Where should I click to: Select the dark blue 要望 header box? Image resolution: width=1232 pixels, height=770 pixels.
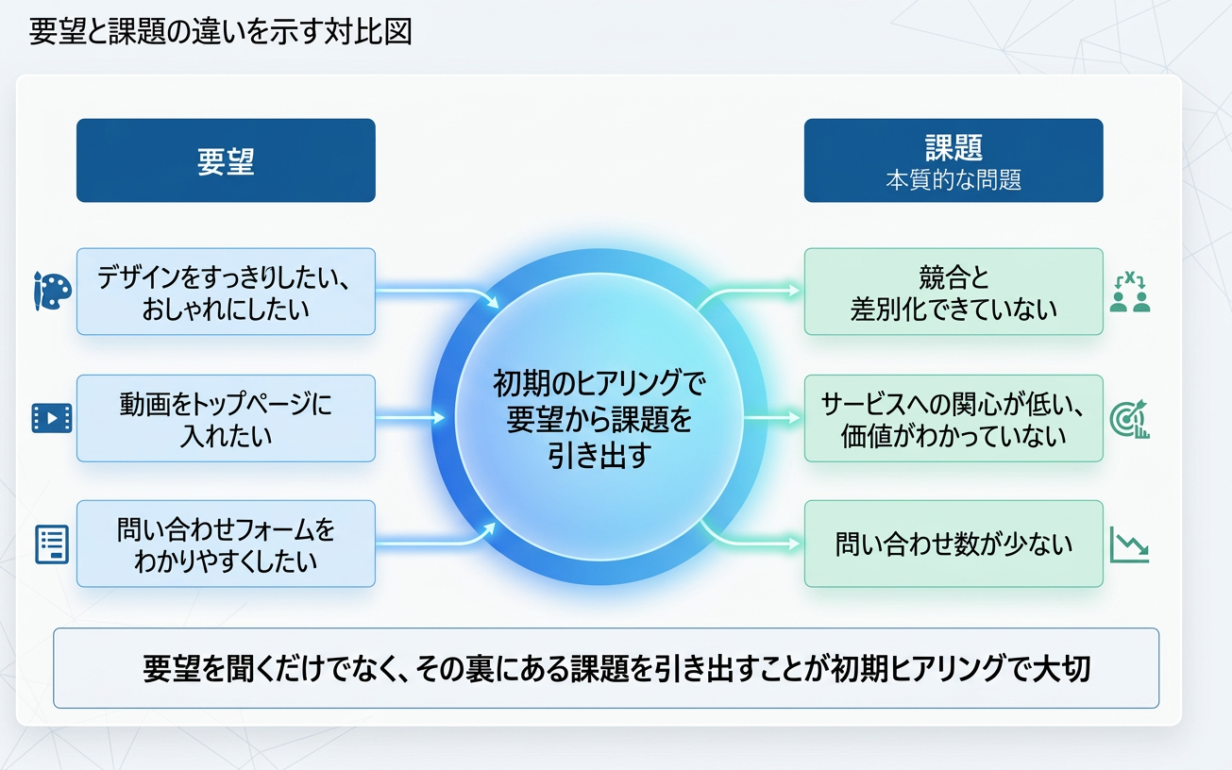coord(226,160)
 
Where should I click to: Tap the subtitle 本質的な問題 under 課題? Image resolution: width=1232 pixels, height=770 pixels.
coord(953,181)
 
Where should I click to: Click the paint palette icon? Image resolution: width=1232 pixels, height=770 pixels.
coord(52,291)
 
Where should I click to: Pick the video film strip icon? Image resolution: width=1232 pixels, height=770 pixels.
coord(52,417)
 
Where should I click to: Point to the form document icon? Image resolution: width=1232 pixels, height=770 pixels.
coord(52,544)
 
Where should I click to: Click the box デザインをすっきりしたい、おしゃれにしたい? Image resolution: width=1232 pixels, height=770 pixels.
coord(226,292)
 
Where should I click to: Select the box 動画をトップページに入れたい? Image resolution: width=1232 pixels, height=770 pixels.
coord(226,418)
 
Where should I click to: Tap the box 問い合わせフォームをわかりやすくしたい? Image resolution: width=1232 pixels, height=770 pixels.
coord(226,544)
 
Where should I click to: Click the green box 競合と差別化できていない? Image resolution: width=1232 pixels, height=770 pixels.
coord(953,292)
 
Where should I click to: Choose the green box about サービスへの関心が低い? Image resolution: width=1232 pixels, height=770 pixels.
coord(953,418)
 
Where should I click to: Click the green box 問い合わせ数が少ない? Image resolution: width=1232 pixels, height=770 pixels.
coord(953,544)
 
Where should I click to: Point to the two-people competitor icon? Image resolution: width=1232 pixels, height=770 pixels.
coord(1129,293)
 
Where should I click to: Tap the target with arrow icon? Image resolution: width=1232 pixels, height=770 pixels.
coord(1129,418)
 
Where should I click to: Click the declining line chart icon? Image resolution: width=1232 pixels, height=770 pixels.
coord(1129,544)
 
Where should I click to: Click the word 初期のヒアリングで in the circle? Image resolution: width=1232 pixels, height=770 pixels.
coord(599,383)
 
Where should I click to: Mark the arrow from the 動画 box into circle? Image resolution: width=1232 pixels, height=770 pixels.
coord(411,417)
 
